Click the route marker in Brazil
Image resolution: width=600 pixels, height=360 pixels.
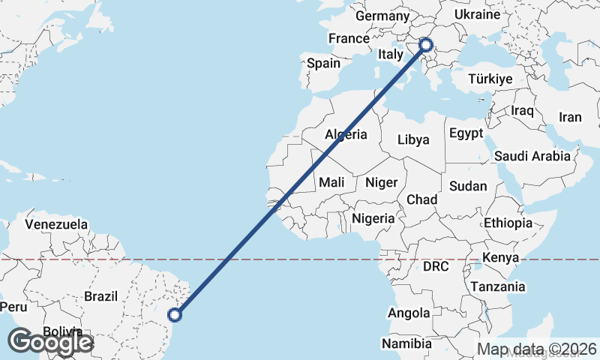tap(175, 316)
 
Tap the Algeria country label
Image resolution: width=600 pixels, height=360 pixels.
tap(346, 135)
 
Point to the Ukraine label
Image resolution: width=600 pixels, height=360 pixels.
tap(477, 15)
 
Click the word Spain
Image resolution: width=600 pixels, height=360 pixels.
tap(323, 64)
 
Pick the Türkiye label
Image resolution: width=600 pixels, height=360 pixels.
tap(490, 79)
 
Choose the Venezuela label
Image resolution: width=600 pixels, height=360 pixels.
tap(56, 224)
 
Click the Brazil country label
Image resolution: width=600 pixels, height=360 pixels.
tap(100, 296)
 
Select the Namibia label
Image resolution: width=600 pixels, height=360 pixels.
tap(406, 343)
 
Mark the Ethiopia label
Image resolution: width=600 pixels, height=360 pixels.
tap(508, 223)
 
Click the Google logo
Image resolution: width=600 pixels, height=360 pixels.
tap(49, 342)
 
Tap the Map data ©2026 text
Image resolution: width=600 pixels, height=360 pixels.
tap(538, 349)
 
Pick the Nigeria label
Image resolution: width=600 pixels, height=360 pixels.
tap(373, 218)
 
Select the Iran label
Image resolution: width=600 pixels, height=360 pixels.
tap(570, 117)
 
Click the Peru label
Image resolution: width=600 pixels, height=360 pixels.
tap(13, 307)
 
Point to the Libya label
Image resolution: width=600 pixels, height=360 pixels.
tap(413, 139)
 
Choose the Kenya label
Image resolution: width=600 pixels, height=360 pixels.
tap(502, 257)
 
